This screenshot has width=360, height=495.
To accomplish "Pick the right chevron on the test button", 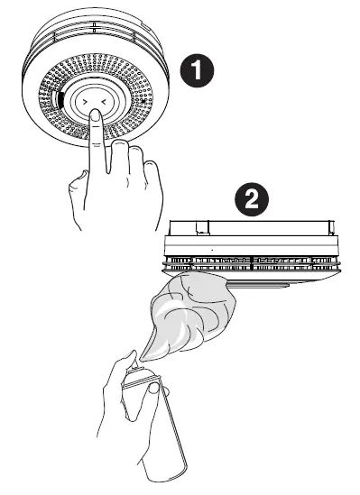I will (103, 103).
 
